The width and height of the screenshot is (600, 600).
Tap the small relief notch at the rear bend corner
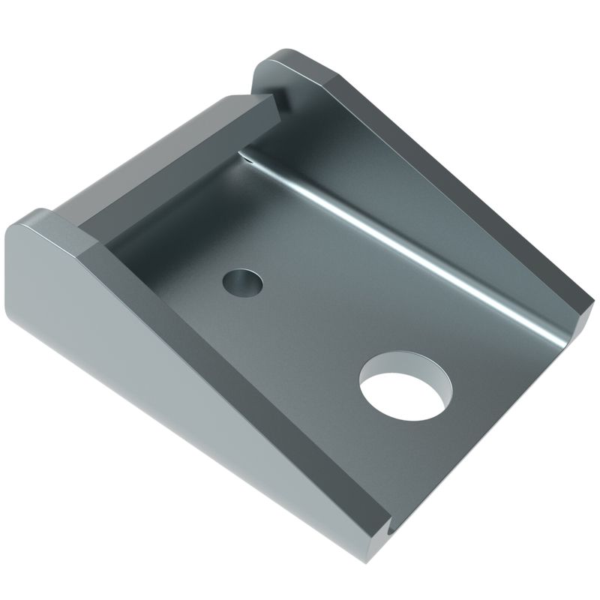pyautogui.click(x=245, y=155)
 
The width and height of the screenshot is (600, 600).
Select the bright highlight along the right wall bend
pyautogui.click(x=420, y=247)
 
